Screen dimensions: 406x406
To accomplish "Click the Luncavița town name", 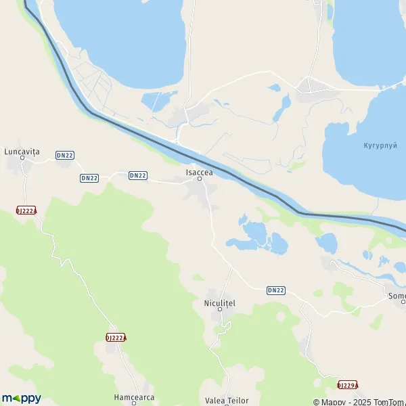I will click(22, 152).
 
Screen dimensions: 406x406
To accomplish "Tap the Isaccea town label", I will click(200, 173).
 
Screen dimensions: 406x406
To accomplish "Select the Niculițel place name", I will click(219, 302).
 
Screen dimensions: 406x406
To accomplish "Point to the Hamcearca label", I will click(134, 397).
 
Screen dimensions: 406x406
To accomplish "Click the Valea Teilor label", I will click(227, 401).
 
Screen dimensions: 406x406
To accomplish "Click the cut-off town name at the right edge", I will click(397, 296).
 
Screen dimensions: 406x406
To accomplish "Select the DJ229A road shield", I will click(348, 385).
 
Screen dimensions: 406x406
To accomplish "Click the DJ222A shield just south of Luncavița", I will click(27, 210).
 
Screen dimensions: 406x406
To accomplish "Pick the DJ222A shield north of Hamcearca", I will click(116, 337).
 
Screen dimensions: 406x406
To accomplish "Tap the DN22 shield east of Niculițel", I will click(275, 290).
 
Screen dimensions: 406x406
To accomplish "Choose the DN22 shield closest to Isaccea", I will click(138, 175).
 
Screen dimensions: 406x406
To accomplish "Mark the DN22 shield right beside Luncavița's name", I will click(65, 155).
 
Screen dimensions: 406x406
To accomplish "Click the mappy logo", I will click(22, 398).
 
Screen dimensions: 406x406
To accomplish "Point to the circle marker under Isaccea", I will click(200, 179).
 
